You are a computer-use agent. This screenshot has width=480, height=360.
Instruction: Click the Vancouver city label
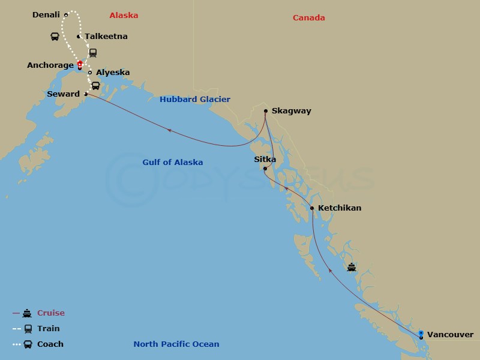450,335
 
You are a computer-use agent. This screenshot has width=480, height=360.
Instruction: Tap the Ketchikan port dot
312,208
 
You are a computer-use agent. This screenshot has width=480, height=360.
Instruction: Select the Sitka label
265,160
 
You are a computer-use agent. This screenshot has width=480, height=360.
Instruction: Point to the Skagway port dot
266,111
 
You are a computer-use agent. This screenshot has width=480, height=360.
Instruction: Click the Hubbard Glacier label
195,100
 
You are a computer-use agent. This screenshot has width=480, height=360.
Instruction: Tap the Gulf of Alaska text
172,163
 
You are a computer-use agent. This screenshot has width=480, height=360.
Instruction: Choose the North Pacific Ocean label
176,344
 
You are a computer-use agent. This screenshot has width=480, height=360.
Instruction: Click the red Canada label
309,18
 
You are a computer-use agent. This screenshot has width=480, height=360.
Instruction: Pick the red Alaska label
124,16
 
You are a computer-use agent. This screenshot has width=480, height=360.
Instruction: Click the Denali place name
46,15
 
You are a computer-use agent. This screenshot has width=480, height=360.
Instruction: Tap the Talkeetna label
106,37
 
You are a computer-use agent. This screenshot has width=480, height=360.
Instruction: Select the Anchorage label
50,65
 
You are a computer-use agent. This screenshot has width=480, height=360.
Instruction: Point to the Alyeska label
113,73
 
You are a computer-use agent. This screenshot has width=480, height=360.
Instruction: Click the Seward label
63,94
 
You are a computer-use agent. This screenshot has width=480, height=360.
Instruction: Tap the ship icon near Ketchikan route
352,267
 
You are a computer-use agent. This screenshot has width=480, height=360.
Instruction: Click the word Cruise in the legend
51,313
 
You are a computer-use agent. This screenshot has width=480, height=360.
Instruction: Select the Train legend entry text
49,329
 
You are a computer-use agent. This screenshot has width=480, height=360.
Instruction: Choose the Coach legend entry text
50,344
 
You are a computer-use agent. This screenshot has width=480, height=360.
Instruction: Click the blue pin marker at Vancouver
421,333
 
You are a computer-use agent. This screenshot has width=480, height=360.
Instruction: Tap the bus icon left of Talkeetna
55,37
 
